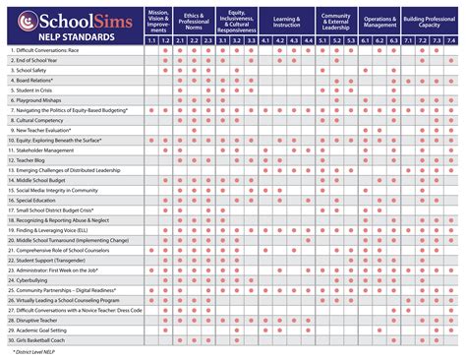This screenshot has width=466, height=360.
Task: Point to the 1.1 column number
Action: coord(151,40)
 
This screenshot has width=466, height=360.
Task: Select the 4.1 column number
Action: coord(265,40)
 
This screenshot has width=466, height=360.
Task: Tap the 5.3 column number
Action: coord(350,40)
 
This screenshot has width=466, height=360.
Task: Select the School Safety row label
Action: coord(34,71)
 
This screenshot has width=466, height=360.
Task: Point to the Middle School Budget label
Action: coord(43,180)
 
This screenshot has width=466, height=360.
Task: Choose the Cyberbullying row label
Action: coord(35,279)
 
